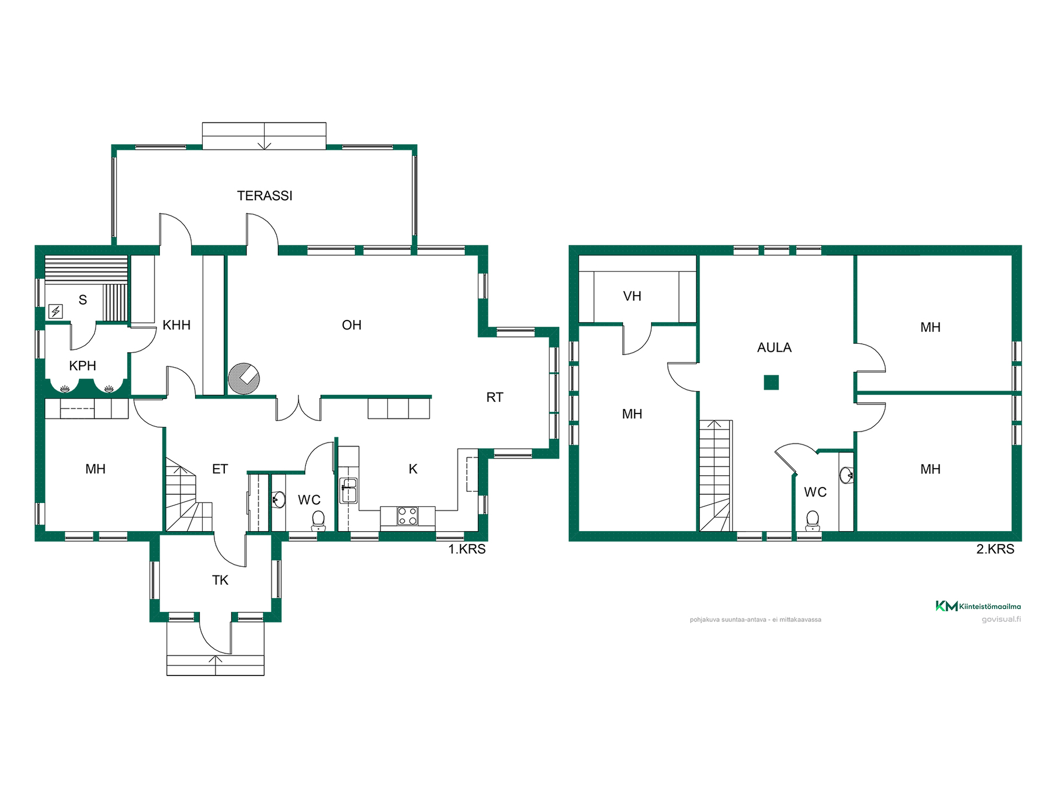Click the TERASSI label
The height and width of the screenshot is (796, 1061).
(x=265, y=196)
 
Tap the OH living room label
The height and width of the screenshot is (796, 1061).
(x=351, y=325)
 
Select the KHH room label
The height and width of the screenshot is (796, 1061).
(x=176, y=325)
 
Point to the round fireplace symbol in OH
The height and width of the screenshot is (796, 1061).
(x=244, y=379)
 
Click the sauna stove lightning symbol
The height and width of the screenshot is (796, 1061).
(x=56, y=312)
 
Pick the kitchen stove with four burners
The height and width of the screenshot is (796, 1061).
(x=408, y=516)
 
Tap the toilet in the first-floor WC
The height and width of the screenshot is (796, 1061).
(x=318, y=520)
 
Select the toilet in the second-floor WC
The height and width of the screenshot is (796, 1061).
(x=812, y=520)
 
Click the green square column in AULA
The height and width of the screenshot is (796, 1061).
(x=771, y=383)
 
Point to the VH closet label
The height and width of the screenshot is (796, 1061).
(x=632, y=296)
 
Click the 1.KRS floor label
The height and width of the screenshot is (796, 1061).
(x=467, y=549)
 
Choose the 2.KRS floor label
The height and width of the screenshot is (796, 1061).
(x=995, y=549)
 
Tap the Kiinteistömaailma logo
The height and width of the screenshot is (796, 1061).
(x=978, y=606)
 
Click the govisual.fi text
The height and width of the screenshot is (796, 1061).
(x=1001, y=619)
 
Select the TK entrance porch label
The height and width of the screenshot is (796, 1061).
(x=220, y=580)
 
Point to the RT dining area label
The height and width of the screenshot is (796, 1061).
(x=495, y=397)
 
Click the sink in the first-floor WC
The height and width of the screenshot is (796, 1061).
(x=279, y=500)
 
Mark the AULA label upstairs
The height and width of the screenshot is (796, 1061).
(x=774, y=348)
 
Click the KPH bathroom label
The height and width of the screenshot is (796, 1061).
(x=82, y=366)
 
